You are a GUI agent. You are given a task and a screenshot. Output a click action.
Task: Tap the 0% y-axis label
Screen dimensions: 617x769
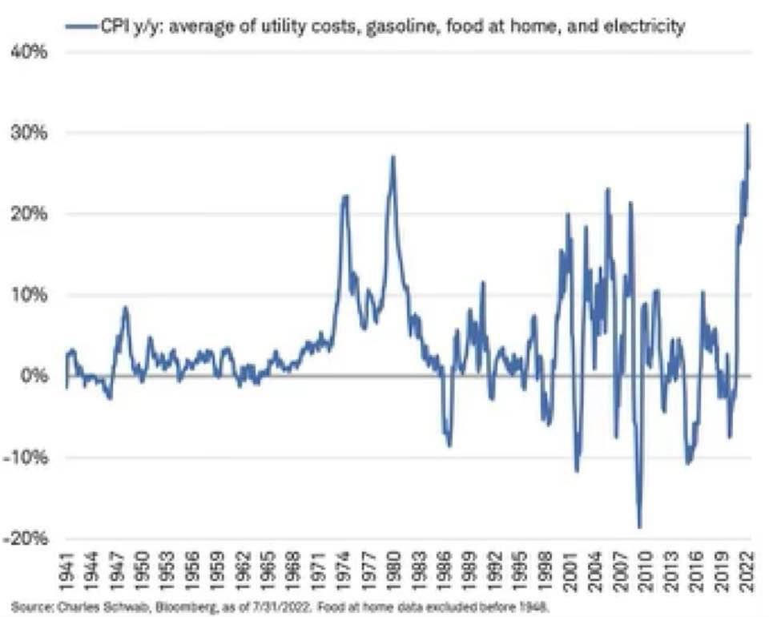coord(36,376)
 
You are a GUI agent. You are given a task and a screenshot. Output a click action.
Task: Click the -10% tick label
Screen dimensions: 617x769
coord(30,458)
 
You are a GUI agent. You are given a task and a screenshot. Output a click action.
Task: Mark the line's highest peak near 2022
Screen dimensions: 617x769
coord(747,125)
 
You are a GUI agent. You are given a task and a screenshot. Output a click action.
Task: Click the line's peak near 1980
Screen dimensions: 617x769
coord(393,157)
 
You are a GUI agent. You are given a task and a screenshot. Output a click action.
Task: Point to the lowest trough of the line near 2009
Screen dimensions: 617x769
coord(639,527)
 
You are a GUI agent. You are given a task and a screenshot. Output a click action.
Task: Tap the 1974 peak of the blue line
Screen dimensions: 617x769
coord(345,196)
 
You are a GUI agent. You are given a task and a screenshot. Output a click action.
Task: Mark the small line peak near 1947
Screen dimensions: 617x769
coord(125,307)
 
